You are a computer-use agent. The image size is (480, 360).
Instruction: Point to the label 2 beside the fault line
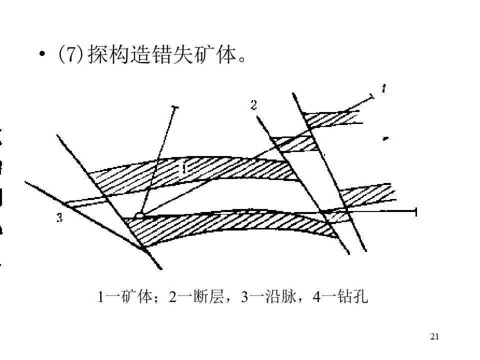tap(254, 105)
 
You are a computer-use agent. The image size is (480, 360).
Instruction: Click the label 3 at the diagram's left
tap(59, 218)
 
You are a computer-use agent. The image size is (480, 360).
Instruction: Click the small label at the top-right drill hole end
tap(383, 89)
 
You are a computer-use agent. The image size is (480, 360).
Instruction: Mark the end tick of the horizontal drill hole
tap(416, 211)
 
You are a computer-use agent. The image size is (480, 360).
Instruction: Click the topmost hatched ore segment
tap(332, 118)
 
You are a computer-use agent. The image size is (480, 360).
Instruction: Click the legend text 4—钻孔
tap(340, 297)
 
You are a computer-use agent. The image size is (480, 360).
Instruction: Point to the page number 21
tap(434, 336)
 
